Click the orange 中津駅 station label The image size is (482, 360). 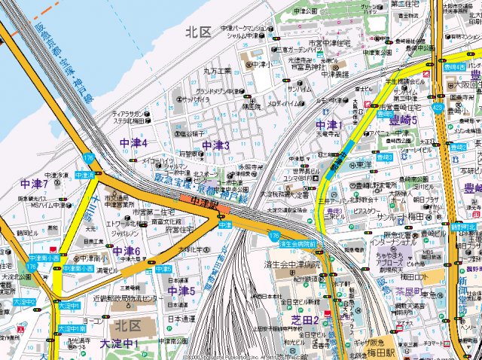click(203, 202)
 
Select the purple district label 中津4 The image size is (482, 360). click(133, 143)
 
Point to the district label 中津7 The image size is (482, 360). click(35, 184)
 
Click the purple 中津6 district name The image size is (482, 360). click(127, 251)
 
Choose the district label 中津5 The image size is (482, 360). click(182, 291)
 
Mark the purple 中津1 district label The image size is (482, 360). click(329, 125)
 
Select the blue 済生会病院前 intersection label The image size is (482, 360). click(296, 243)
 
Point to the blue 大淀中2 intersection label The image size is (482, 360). click(24, 301)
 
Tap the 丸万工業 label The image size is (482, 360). click(217, 71)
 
